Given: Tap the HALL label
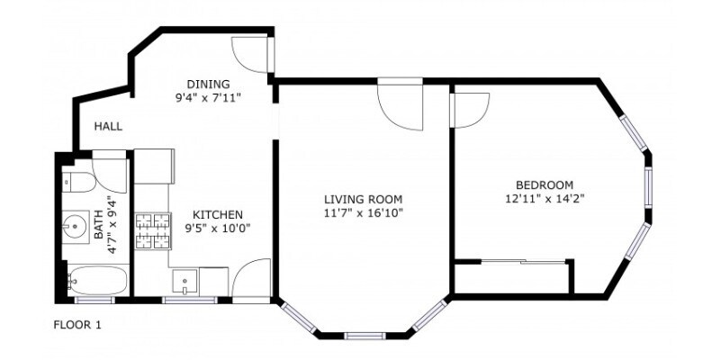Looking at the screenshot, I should tap(108, 127).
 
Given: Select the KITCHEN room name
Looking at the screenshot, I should tap(217, 214).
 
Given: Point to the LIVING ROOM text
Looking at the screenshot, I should tap(363, 199).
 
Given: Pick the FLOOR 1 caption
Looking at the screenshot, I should tap(77, 325).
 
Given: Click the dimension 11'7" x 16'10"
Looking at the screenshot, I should tap(363, 213).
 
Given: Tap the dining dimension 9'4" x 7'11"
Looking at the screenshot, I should tap(208, 94).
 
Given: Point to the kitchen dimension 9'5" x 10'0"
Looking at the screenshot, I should tap(217, 229).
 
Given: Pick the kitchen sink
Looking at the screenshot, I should tap(184, 281).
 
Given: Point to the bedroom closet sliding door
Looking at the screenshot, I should tap(510, 262).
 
